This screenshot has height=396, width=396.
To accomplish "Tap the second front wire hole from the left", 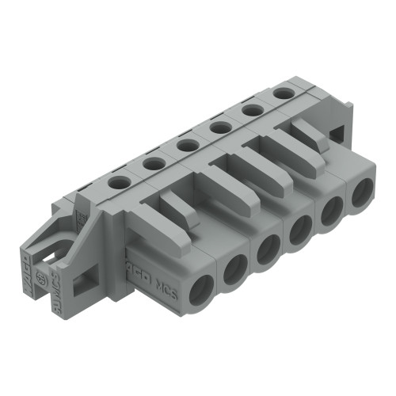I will pyautogui.click(x=235, y=272).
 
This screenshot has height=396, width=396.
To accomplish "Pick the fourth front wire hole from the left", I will pyautogui.click(x=302, y=230).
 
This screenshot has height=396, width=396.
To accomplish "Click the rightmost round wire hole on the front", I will pyautogui.click(x=362, y=192).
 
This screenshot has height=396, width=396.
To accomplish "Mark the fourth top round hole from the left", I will pyautogui.click(x=221, y=128).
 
